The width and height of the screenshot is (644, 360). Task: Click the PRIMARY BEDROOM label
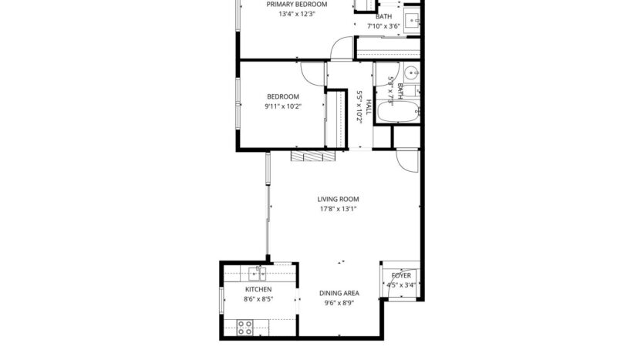pos(296,4)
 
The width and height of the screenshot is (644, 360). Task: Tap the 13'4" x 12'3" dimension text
pos(296,14)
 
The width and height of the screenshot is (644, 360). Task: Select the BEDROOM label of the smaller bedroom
pos(284,96)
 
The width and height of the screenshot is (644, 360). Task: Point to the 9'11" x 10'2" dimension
pos(284,106)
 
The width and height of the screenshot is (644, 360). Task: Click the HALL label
pos(369,108)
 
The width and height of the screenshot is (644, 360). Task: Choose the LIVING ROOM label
pos(338,199)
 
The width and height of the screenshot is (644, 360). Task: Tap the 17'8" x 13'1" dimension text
pos(338,209)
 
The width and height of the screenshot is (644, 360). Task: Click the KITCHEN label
pos(258,289)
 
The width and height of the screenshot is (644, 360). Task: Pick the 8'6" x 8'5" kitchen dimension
pos(258,299)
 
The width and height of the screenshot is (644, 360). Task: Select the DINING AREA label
pos(339,294)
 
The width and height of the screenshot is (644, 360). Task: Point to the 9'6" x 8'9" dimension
pos(339,304)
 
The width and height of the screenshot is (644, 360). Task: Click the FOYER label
pos(401,275)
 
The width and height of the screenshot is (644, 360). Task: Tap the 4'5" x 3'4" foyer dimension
pos(401,284)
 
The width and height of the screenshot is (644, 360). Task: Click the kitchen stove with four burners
pos(245,327)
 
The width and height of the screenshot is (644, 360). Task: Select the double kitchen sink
pos(258,273)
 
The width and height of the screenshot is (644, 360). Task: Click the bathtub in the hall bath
pos(399,112)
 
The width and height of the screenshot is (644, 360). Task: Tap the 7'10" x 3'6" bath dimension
pos(383,26)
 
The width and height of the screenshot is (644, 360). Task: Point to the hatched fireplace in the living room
pos(313,156)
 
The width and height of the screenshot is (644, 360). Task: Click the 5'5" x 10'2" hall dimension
pos(359,107)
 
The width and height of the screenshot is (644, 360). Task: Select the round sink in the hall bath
pos(410,75)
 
